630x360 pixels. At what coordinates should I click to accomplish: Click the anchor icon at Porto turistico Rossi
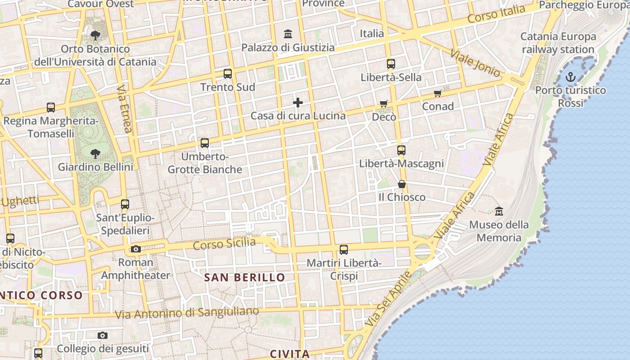[x=570, y=77]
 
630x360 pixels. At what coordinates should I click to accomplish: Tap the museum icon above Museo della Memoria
[x=499, y=211]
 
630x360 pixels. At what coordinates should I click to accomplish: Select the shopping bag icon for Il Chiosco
[x=402, y=184]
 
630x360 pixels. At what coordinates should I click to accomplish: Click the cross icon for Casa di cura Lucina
[x=298, y=103]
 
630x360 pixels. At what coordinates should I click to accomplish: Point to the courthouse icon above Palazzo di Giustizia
[x=288, y=34]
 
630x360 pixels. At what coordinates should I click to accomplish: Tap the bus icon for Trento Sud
[x=228, y=74]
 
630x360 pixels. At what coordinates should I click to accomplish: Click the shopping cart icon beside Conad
[x=437, y=94]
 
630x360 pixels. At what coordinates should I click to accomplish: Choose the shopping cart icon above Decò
[x=384, y=104]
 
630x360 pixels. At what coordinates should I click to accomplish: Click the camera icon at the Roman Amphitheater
[x=135, y=249]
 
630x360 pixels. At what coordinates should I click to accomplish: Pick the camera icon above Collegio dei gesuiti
[x=103, y=335]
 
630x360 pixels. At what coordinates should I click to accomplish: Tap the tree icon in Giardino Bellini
[x=95, y=154]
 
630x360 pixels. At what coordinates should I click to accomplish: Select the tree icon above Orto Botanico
[x=95, y=35]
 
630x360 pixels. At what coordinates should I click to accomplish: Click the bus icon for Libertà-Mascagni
[x=401, y=150]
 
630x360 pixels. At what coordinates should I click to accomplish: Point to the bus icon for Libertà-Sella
[x=391, y=64]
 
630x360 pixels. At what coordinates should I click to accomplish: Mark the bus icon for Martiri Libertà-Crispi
[x=344, y=249]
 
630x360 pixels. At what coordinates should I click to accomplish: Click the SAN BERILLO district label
[x=245, y=277]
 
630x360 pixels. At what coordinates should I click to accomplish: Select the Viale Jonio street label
[x=475, y=63]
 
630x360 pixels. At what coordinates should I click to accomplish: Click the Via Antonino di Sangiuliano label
[x=187, y=313]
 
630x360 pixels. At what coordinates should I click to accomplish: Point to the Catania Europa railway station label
[x=558, y=43]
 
